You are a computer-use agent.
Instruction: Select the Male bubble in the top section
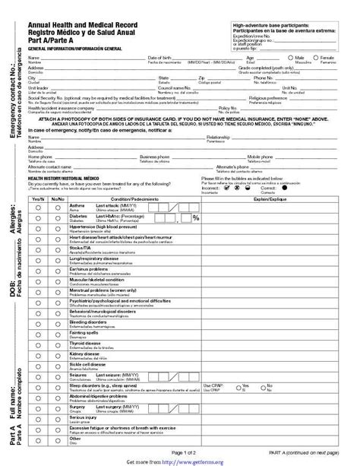[292, 57]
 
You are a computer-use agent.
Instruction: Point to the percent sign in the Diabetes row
[195, 219]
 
